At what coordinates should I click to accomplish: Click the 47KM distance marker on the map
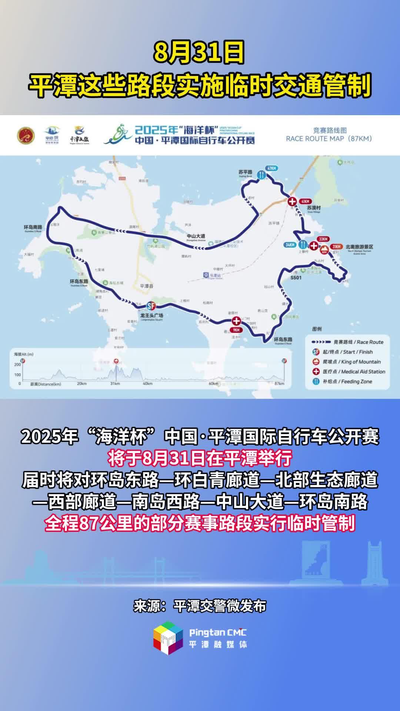click(x=271, y=168)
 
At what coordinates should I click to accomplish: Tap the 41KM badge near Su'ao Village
click(x=305, y=201)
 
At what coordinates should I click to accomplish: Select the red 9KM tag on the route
click(x=236, y=330)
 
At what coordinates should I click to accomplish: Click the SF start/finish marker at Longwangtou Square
click(x=150, y=306)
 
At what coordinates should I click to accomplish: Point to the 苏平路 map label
click(x=245, y=173)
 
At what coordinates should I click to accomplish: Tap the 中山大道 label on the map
click(x=196, y=236)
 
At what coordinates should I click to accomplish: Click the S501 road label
click(x=296, y=277)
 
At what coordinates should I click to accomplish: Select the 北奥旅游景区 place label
click(x=359, y=247)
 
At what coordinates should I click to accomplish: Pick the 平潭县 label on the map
click(x=146, y=286)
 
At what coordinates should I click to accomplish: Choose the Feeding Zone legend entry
click(x=347, y=381)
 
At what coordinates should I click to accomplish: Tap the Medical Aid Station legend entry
click(x=354, y=371)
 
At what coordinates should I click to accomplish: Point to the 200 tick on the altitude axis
click(x=17, y=365)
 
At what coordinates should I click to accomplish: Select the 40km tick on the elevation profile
click(x=147, y=384)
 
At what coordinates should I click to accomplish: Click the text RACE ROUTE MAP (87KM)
click(x=329, y=139)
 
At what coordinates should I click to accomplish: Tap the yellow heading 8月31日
click(x=200, y=53)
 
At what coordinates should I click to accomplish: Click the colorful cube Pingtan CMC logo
click(x=168, y=638)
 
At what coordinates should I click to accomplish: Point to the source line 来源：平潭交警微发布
click(x=200, y=606)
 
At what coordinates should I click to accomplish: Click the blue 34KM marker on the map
click(x=290, y=245)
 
